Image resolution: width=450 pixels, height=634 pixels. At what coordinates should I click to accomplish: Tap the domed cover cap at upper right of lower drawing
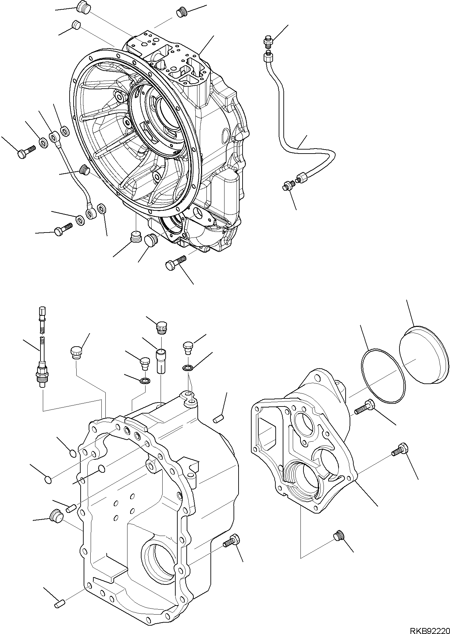click(424, 355)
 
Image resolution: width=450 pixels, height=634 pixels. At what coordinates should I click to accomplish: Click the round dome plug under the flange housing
click(150, 240)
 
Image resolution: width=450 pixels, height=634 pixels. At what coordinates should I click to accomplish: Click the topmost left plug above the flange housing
click(82, 6)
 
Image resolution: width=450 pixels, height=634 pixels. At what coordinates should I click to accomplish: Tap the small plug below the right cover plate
click(338, 546)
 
